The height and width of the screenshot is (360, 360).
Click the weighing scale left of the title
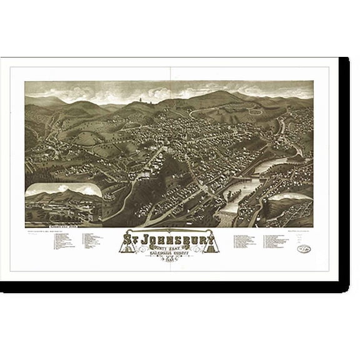(131, 246)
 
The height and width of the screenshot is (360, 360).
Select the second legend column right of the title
(279, 240)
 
